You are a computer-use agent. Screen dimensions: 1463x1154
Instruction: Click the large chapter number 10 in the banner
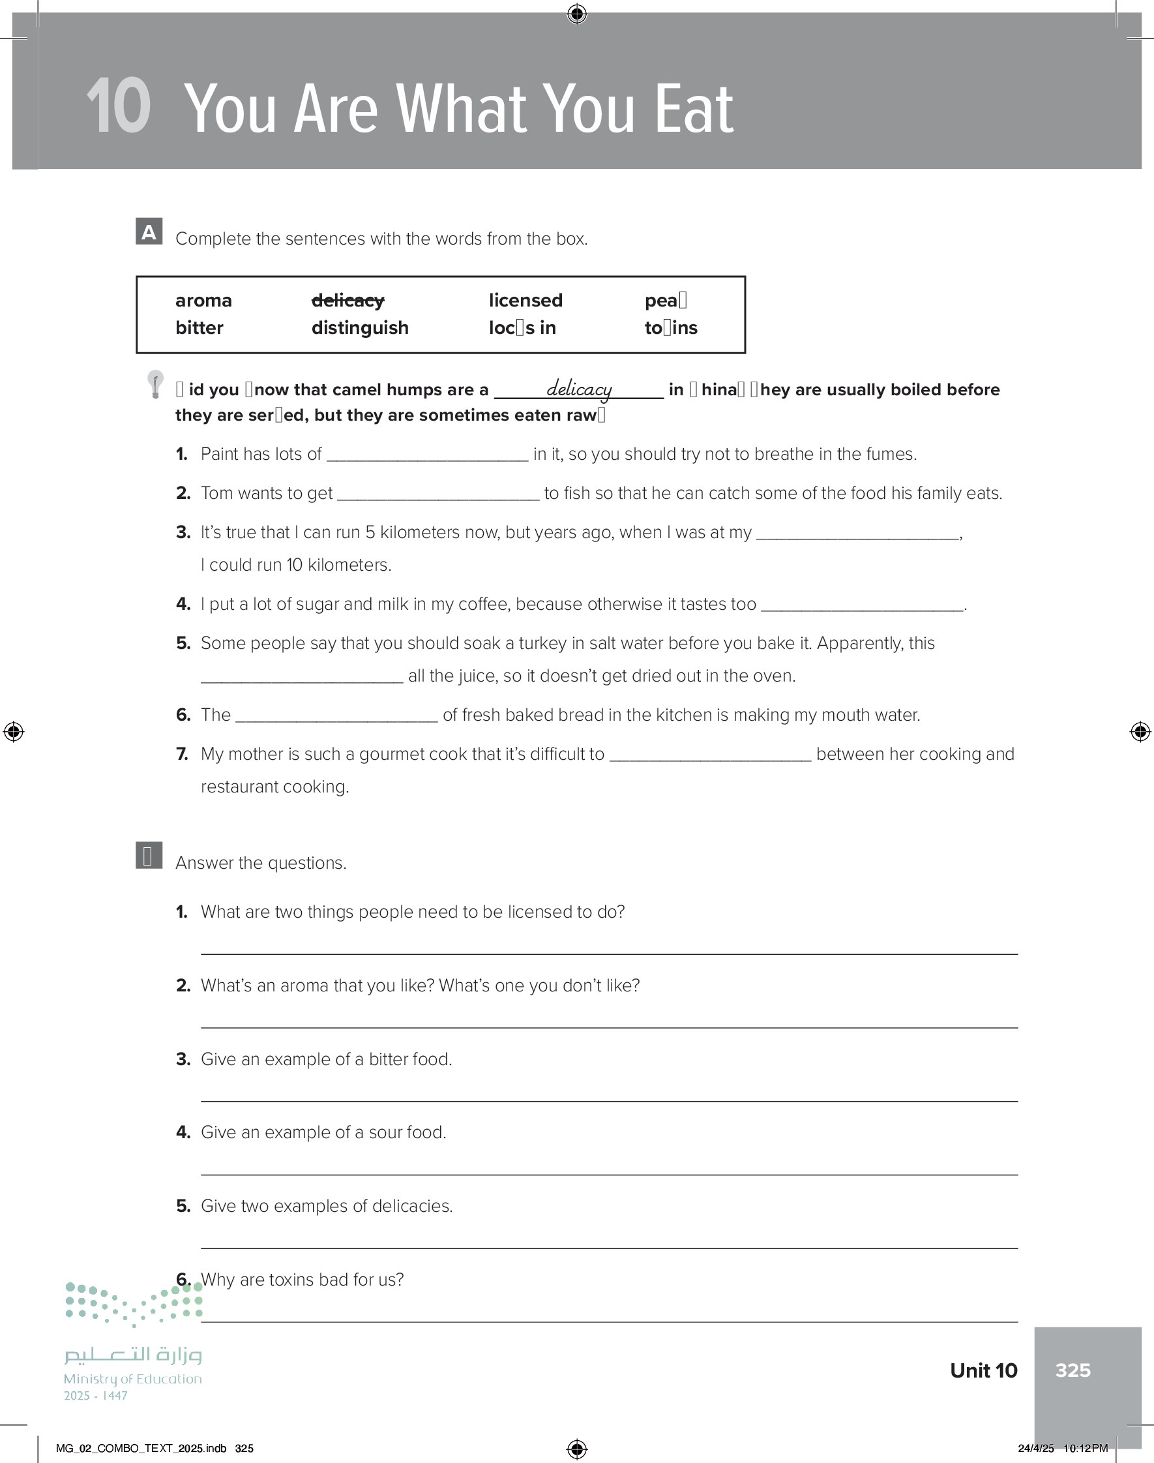click(118, 106)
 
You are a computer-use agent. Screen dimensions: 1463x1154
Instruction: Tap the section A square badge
click(149, 231)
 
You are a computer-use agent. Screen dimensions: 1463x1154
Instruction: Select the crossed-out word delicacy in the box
click(348, 300)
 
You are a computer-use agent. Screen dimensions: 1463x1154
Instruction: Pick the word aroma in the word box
click(203, 300)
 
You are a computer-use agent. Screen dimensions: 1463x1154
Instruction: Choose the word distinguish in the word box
click(359, 327)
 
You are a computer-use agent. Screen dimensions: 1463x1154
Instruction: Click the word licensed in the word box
click(525, 300)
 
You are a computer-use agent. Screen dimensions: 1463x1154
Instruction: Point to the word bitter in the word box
click(200, 327)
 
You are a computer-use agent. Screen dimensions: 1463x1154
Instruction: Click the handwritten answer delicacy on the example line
click(579, 389)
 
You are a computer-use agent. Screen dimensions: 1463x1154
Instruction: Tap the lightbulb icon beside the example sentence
click(155, 384)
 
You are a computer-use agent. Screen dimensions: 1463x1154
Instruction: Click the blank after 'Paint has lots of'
click(427, 455)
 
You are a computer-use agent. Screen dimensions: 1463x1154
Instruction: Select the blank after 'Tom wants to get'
click(438, 494)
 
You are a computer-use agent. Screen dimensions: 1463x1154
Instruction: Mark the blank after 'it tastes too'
click(861, 605)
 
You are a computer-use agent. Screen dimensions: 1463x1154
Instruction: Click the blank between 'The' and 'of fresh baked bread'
click(336, 716)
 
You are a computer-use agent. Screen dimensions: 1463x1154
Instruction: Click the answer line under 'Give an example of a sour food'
click(608, 1173)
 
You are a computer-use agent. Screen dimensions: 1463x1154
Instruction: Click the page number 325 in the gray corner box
click(1073, 1370)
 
